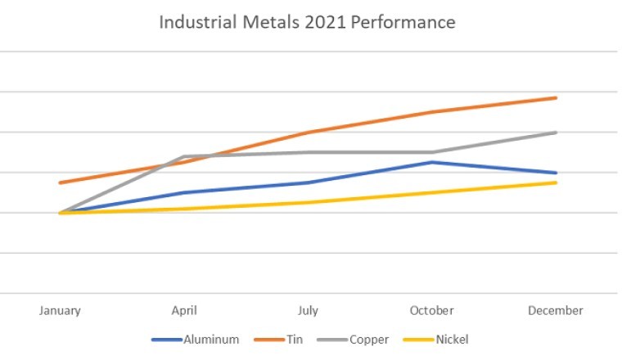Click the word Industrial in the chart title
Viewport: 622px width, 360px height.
(192, 22)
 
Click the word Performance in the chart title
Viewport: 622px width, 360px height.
(404, 22)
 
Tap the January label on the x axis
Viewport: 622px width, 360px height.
(60, 311)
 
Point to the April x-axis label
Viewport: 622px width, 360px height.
(184, 311)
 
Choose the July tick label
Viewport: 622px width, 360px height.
(308, 311)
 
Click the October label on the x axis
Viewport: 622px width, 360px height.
(432, 311)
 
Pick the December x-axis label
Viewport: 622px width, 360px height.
(556, 311)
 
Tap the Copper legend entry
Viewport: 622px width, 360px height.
(370, 339)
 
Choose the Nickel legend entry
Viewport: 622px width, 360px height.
(452, 339)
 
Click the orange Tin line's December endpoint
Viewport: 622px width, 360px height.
(557, 97)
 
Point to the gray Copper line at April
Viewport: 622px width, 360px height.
(184, 156)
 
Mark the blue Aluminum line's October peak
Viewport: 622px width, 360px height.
(432, 162)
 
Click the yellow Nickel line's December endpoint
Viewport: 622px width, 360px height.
(557, 182)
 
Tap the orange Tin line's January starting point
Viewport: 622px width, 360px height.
(60, 182)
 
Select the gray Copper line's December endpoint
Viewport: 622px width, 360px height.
(557, 132)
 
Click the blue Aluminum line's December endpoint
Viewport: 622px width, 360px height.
(557, 173)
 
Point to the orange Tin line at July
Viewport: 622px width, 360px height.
(308, 132)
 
